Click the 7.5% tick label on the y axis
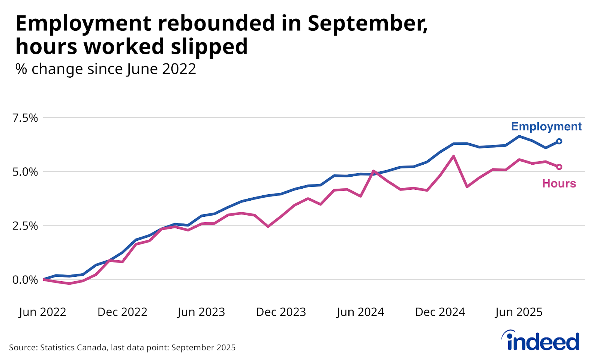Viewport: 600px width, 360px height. tap(25, 118)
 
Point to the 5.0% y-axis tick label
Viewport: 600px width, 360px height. tap(25, 172)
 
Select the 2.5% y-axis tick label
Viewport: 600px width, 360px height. tap(25, 226)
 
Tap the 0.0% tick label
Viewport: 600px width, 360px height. tap(25, 280)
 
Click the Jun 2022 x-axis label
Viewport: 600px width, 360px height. tap(42, 312)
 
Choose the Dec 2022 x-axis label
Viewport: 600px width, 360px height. tap(122, 312)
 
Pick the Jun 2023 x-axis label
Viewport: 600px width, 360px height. tap(201, 312)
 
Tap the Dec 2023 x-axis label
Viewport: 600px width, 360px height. tap(281, 312)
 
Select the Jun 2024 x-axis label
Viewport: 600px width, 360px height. tap(360, 312)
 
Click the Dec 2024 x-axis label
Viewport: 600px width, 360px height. tap(440, 312)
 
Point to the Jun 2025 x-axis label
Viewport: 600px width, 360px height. tap(519, 312)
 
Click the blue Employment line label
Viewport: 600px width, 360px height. tap(546, 127)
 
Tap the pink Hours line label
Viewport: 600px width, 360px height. tap(559, 183)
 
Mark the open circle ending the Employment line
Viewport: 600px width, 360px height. tap(559, 141)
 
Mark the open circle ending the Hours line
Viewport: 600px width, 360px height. tap(559, 167)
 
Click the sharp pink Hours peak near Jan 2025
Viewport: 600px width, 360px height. tap(453, 156)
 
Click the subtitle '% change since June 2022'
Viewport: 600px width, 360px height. tap(105, 69)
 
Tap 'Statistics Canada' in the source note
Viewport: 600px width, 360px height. tap(73, 348)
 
